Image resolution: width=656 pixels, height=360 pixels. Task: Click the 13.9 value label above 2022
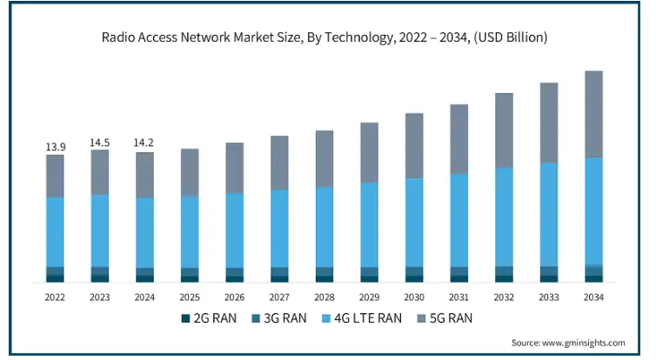pyautogui.click(x=56, y=147)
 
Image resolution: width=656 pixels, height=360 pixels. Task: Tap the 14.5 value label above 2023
pyautogui.click(x=99, y=143)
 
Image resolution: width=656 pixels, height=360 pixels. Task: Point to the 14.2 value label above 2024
pyautogui.click(x=144, y=143)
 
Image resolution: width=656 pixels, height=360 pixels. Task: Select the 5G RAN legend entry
pyautogui.click(x=445, y=318)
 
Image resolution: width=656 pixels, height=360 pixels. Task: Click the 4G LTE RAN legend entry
pyautogui.click(x=361, y=318)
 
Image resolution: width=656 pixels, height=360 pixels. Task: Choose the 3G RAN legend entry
pyautogui.click(x=279, y=318)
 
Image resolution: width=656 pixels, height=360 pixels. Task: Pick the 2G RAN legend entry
pyautogui.click(x=209, y=318)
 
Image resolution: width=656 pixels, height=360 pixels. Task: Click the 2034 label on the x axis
pyautogui.click(x=593, y=297)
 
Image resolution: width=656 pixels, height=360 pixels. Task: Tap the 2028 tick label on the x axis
pyautogui.click(x=325, y=297)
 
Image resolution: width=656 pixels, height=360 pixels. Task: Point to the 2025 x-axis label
pyautogui.click(x=190, y=297)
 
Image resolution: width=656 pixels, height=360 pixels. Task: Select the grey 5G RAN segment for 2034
pyautogui.click(x=593, y=115)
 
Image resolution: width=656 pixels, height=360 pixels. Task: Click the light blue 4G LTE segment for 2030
pyautogui.click(x=414, y=223)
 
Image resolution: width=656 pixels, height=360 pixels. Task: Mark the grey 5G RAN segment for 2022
pyautogui.click(x=55, y=176)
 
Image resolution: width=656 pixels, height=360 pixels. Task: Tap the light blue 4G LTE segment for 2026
pyautogui.click(x=234, y=230)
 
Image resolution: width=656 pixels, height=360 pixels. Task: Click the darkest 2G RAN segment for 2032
pyautogui.click(x=504, y=279)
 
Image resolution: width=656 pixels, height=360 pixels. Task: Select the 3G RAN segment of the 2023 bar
pyautogui.click(x=99, y=271)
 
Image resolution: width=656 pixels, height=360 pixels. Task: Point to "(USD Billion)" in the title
pyautogui.click(x=511, y=37)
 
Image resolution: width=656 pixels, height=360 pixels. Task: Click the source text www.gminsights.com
pyautogui.click(x=584, y=343)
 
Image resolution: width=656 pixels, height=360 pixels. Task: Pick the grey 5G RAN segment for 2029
pyautogui.click(x=370, y=153)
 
